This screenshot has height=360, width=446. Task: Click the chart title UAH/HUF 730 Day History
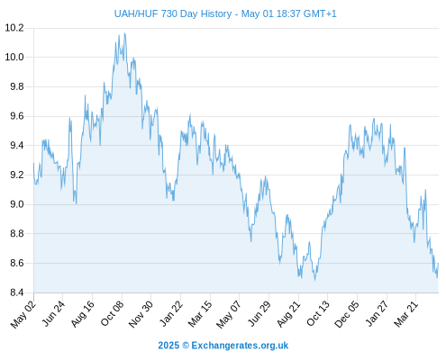173,13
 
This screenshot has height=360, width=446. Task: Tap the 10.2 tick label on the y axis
14,28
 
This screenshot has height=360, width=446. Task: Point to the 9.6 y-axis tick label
17,116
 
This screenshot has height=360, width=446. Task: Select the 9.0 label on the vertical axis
17,204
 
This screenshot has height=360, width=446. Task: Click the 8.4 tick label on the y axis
17,292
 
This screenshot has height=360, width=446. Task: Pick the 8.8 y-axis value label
17,234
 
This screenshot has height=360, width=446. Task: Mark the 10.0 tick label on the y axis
14,58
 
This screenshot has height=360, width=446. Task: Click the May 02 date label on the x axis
23,314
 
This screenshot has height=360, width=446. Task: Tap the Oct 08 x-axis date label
112,314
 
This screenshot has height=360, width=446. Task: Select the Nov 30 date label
141,314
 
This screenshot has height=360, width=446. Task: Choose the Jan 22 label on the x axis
171,314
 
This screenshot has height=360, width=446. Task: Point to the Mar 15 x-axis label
200,314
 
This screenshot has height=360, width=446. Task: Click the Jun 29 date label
259,314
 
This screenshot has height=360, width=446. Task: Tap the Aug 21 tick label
288,314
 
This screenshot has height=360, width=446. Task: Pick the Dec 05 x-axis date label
347,314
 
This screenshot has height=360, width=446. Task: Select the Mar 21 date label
405,314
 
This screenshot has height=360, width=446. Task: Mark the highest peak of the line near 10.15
124,33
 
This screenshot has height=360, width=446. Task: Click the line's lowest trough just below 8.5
314,280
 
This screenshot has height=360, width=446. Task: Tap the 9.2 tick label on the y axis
17,175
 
